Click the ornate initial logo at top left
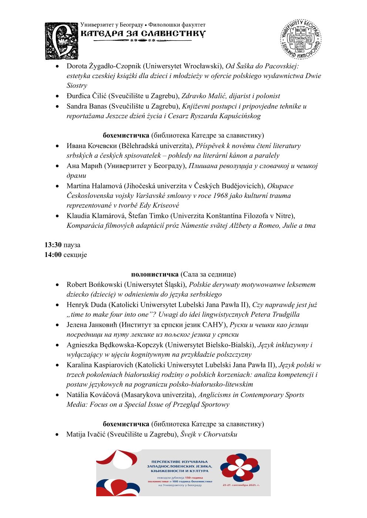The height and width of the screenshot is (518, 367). [61, 41]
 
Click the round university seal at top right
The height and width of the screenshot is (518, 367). [300, 39]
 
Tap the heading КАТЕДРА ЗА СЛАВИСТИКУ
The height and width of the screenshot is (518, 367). [143, 34]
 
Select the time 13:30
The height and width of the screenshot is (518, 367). [53, 245]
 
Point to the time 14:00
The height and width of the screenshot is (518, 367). [53, 254]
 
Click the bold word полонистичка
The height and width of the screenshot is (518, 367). [155, 274]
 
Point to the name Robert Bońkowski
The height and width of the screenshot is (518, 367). [94, 285]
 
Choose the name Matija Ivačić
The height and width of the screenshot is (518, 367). [85, 434]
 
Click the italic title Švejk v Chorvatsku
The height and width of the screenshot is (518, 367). [209, 434]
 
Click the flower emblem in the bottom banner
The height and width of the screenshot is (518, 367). [240, 468]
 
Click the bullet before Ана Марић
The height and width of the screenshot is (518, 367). [57, 166]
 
